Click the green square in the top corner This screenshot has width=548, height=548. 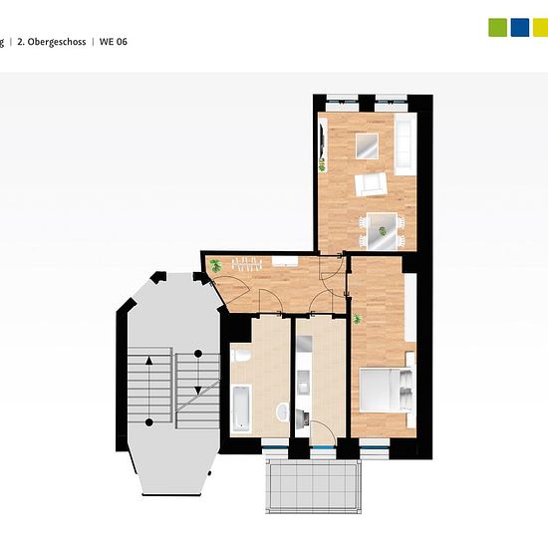[x=497, y=27]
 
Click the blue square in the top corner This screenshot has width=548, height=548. [x=520, y=27]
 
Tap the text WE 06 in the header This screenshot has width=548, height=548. [x=114, y=42]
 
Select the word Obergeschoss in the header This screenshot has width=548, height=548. [x=57, y=42]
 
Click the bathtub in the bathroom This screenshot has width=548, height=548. [x=241, y=409]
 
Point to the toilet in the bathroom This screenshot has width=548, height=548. [x=241, y=356]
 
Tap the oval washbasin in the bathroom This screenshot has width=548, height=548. [x=282, y=411]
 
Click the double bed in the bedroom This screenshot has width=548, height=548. [x=387, y=390]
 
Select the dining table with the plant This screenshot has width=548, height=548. [x=382, y=231]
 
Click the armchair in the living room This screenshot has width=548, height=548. [x=371, y=184]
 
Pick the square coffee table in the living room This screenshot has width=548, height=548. [x=367, y=146]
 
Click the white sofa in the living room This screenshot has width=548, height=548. [x=406, y=144]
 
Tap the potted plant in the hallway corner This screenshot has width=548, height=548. [x=215, y=266]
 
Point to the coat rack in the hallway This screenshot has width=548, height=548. [x=247, y=264]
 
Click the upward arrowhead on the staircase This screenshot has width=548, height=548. [x=149, y=361]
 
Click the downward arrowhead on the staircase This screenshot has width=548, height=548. [x=198, y=391]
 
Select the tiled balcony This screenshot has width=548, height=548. [x=313, y=486]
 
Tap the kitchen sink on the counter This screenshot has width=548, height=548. [x=303, y=383]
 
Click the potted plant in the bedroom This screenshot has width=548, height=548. [x=357, y=319]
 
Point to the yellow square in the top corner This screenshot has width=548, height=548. [x=540, y=27]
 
